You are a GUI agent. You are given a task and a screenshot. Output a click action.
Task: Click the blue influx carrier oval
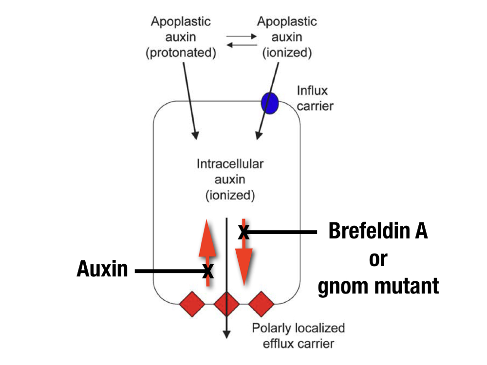[269, 103]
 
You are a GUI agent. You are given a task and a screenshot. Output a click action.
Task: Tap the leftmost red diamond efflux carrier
[192, 304]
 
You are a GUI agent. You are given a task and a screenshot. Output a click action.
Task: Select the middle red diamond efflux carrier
[227, 304]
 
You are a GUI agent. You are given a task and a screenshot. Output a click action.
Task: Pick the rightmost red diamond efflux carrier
[262, 304]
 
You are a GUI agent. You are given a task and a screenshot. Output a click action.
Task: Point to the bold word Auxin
[102, 269]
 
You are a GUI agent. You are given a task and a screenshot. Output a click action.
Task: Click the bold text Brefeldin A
[378, 232]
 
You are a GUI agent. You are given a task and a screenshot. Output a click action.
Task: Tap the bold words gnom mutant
[378, 286]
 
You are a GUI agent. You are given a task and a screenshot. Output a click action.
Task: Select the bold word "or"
[377, 259]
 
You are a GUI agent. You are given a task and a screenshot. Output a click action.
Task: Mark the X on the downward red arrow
[244, 233]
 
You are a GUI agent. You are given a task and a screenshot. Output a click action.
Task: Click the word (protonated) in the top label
[181, 53]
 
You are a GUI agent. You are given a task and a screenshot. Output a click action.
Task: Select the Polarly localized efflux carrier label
[298, 336]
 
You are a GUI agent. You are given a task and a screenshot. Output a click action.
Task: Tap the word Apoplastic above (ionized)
[287, 22]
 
